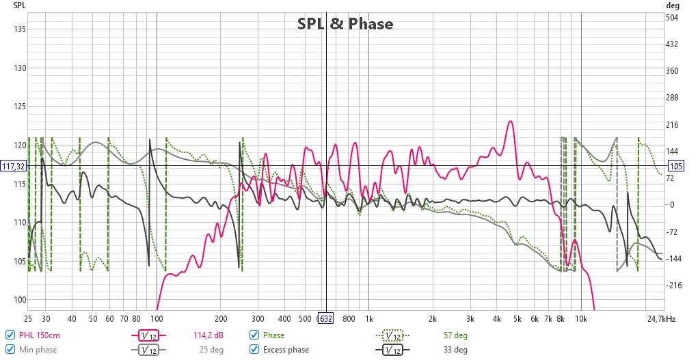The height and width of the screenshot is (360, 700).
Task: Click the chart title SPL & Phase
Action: (345, 24)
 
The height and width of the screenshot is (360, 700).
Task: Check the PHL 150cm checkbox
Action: (10, 335)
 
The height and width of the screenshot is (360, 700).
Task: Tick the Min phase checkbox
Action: (10, 349)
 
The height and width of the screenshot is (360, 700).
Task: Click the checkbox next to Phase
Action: (254, 335)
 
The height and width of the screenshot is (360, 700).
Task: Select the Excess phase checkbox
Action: (254, 349)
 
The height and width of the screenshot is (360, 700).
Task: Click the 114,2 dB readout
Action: (208, 335)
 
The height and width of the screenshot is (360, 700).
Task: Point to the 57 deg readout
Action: (455, 335)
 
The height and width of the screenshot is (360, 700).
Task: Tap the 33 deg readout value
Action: (455, 350)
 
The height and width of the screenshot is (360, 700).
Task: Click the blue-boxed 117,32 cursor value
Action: (14, 167)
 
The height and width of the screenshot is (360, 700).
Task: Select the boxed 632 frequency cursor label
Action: (325, 318)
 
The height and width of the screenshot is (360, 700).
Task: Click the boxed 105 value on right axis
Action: (675, 167)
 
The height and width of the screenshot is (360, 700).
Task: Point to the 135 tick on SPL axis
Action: (20, 29)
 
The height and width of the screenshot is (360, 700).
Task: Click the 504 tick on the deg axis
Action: (672, 18)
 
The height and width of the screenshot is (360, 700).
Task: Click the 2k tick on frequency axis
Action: (433, 319)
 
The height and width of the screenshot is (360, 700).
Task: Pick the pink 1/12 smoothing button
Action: (148, 335)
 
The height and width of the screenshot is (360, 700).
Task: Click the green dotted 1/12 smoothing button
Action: (392, 335)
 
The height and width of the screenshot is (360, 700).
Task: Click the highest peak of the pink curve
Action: (510, 121)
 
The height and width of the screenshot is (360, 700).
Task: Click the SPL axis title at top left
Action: (19, 5)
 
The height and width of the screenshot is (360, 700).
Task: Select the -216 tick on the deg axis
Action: (672, 286)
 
